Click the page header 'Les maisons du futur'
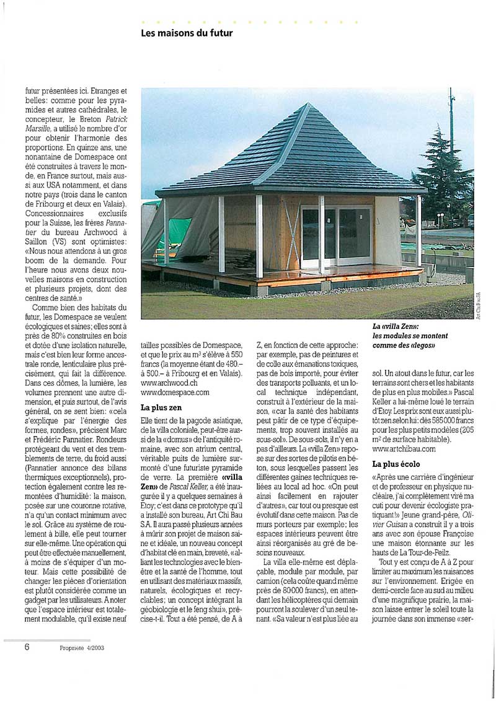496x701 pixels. click(187, 33)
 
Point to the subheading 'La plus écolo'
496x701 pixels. click(396, 463)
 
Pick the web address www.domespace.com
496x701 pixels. click(175, 392)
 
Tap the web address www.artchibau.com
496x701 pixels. click(404, 448)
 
